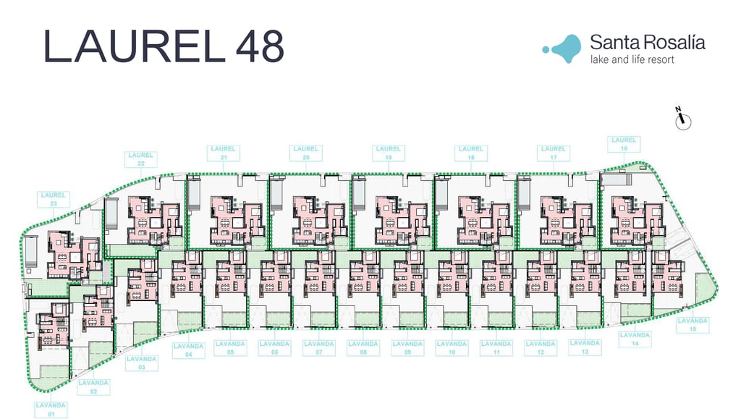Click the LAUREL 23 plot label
pyautogui.click(x=54, y=199)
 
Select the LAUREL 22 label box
pyautogui.click(x=141, y=159)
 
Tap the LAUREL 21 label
pyautogui.click(x=224, y=153)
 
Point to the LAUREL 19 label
pyautogui.click(x=389, y=153)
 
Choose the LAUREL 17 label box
pyautogui.click(x=554, y=153)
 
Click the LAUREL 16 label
pyautogui.click(x=624, y=144)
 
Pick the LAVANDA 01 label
pyautogui.click(x=51, y=410)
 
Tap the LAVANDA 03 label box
pyautogui.click(x=142, y=363)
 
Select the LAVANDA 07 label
pyautogui.click(x=318, y=348)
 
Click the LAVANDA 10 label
pyautogui.click(x=452, y=348)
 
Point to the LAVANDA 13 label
pyautogui.click(x=585, y=347)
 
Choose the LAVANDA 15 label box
pyautogui.click(x=693, y=325)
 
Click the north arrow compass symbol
pyautogui.click(x=683, y=120)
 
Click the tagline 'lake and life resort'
pyautogui.click(x=632, y=59)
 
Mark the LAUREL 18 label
pyautogui.click(x=471, y=153)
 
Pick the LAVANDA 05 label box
pyautogui.click(x=230, y=348)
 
